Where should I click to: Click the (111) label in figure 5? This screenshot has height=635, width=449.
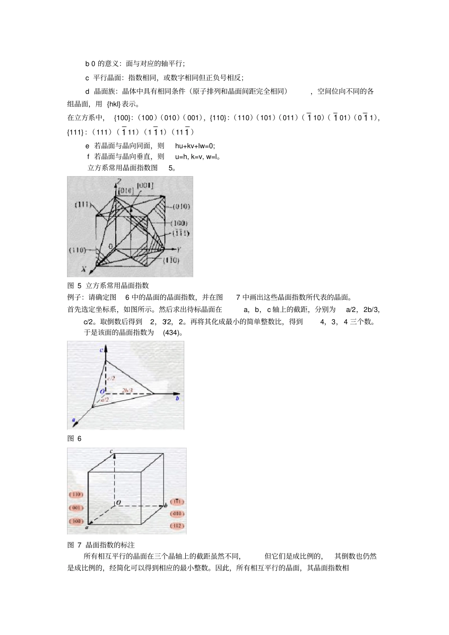click(x=83, y=204)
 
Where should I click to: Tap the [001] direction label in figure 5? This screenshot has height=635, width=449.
click(x=145, y=185)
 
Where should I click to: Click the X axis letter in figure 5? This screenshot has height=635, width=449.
click(x=83, y=269)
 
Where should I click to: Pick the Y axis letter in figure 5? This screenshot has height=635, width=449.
click(x=178, y=249)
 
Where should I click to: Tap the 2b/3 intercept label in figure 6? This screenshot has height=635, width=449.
click(x=128, y=390)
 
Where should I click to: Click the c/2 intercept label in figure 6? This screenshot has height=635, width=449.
click(x=111, y=378)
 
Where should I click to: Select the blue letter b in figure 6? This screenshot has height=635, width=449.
click(x=177, y=399)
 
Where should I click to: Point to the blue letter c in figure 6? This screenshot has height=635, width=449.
click(x=101, y=350)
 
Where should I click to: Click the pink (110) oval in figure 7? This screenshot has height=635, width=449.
click(x=76, y=494)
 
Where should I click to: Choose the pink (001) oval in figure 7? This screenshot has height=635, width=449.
click(x=76, y=508)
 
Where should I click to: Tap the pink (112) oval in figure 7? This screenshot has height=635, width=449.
click(x=176, y=526)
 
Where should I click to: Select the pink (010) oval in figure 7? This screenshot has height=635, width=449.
click(x=176, y=514)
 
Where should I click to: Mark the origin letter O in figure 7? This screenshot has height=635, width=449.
click(x=119, y=502)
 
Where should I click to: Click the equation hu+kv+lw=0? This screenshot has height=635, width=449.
click(x=195, y=146)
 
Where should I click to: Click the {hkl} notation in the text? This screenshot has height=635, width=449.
click(x=113, y=104)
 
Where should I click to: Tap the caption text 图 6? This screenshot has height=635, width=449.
click(x=74, y=439)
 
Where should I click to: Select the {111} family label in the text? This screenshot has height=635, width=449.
click(x=76, y=132)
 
